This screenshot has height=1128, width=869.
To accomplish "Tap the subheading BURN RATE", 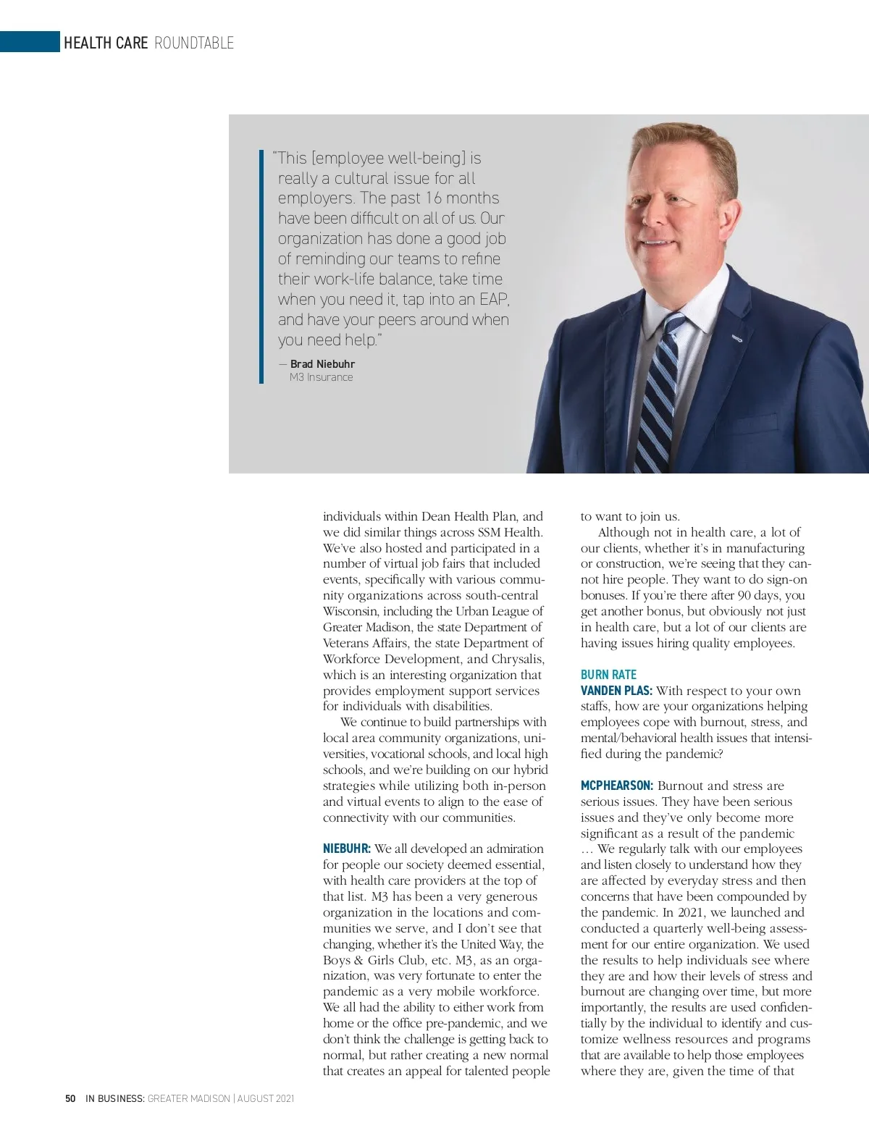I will point(608,675).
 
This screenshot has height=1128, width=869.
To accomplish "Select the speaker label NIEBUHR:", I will point(346,849).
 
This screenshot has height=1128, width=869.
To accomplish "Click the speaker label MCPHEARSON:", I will point(617,786).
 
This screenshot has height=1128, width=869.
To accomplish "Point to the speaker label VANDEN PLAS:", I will point(616,691).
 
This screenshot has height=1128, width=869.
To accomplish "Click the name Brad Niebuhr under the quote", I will point(322,363).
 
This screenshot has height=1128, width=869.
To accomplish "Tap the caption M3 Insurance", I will point(321,377).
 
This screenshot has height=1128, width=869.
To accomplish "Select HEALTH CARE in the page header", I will point(106,43).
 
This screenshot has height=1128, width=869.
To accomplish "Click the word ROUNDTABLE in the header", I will point(194,43).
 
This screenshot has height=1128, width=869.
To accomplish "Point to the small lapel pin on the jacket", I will point(737,338).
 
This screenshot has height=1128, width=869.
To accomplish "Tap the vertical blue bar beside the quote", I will point(261,266).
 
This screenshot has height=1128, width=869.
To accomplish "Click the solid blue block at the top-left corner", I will point(30,42).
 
